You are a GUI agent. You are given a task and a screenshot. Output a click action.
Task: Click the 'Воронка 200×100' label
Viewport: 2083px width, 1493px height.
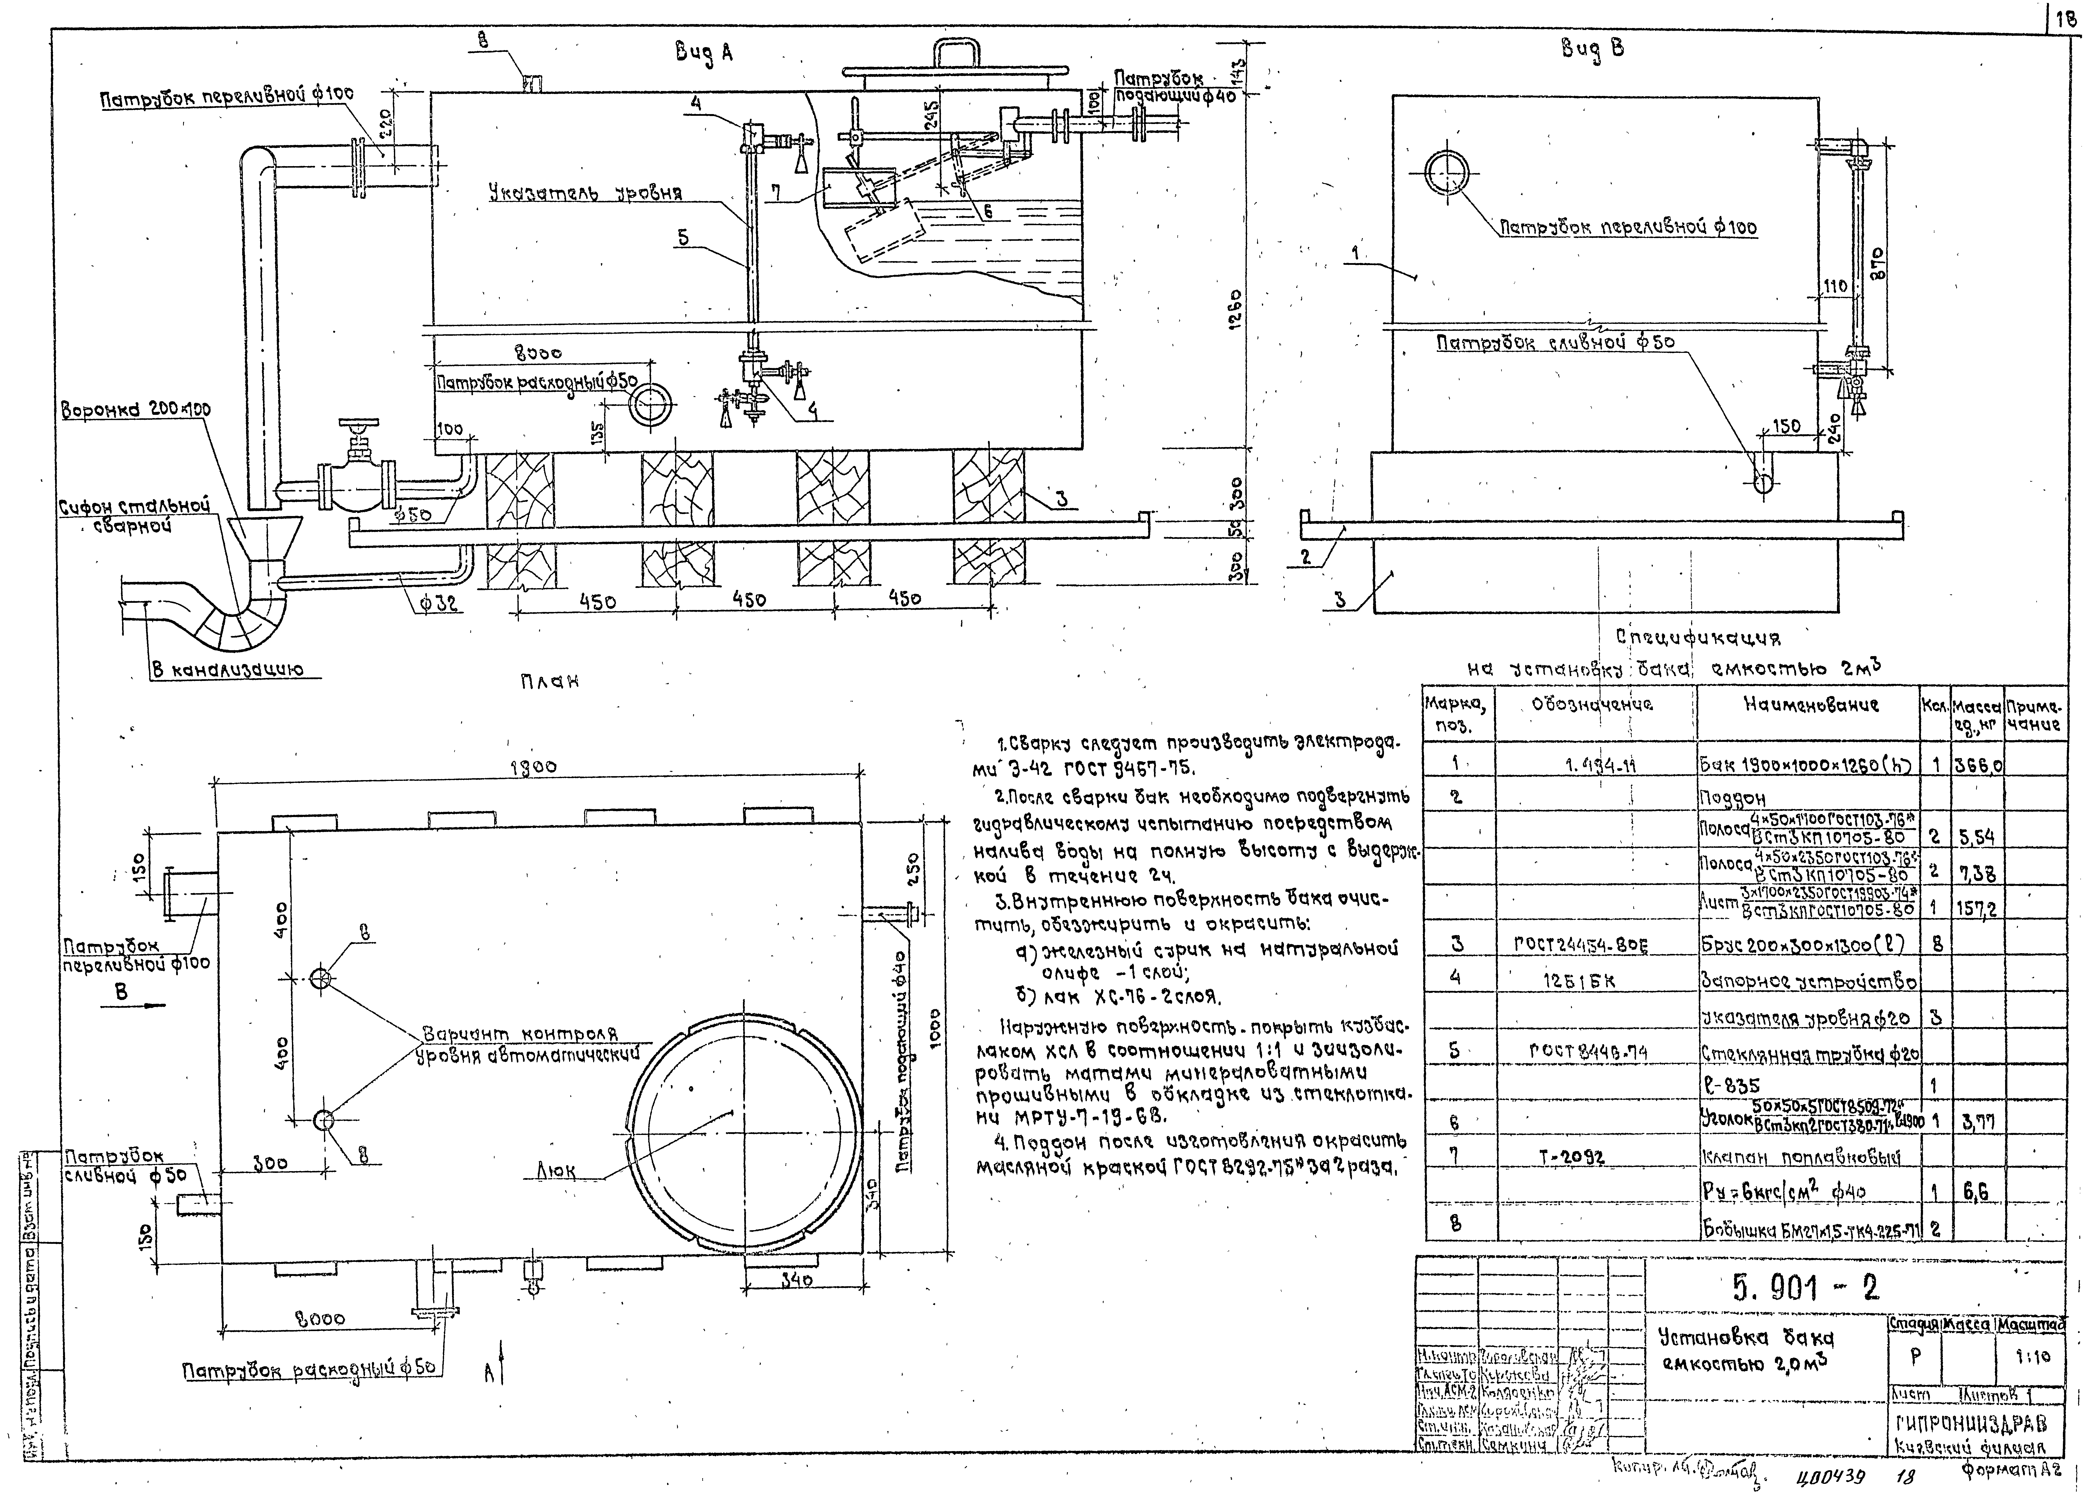(x=136, y=410)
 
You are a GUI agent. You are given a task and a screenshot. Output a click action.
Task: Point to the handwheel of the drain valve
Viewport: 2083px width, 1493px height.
(x=357, y=427)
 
